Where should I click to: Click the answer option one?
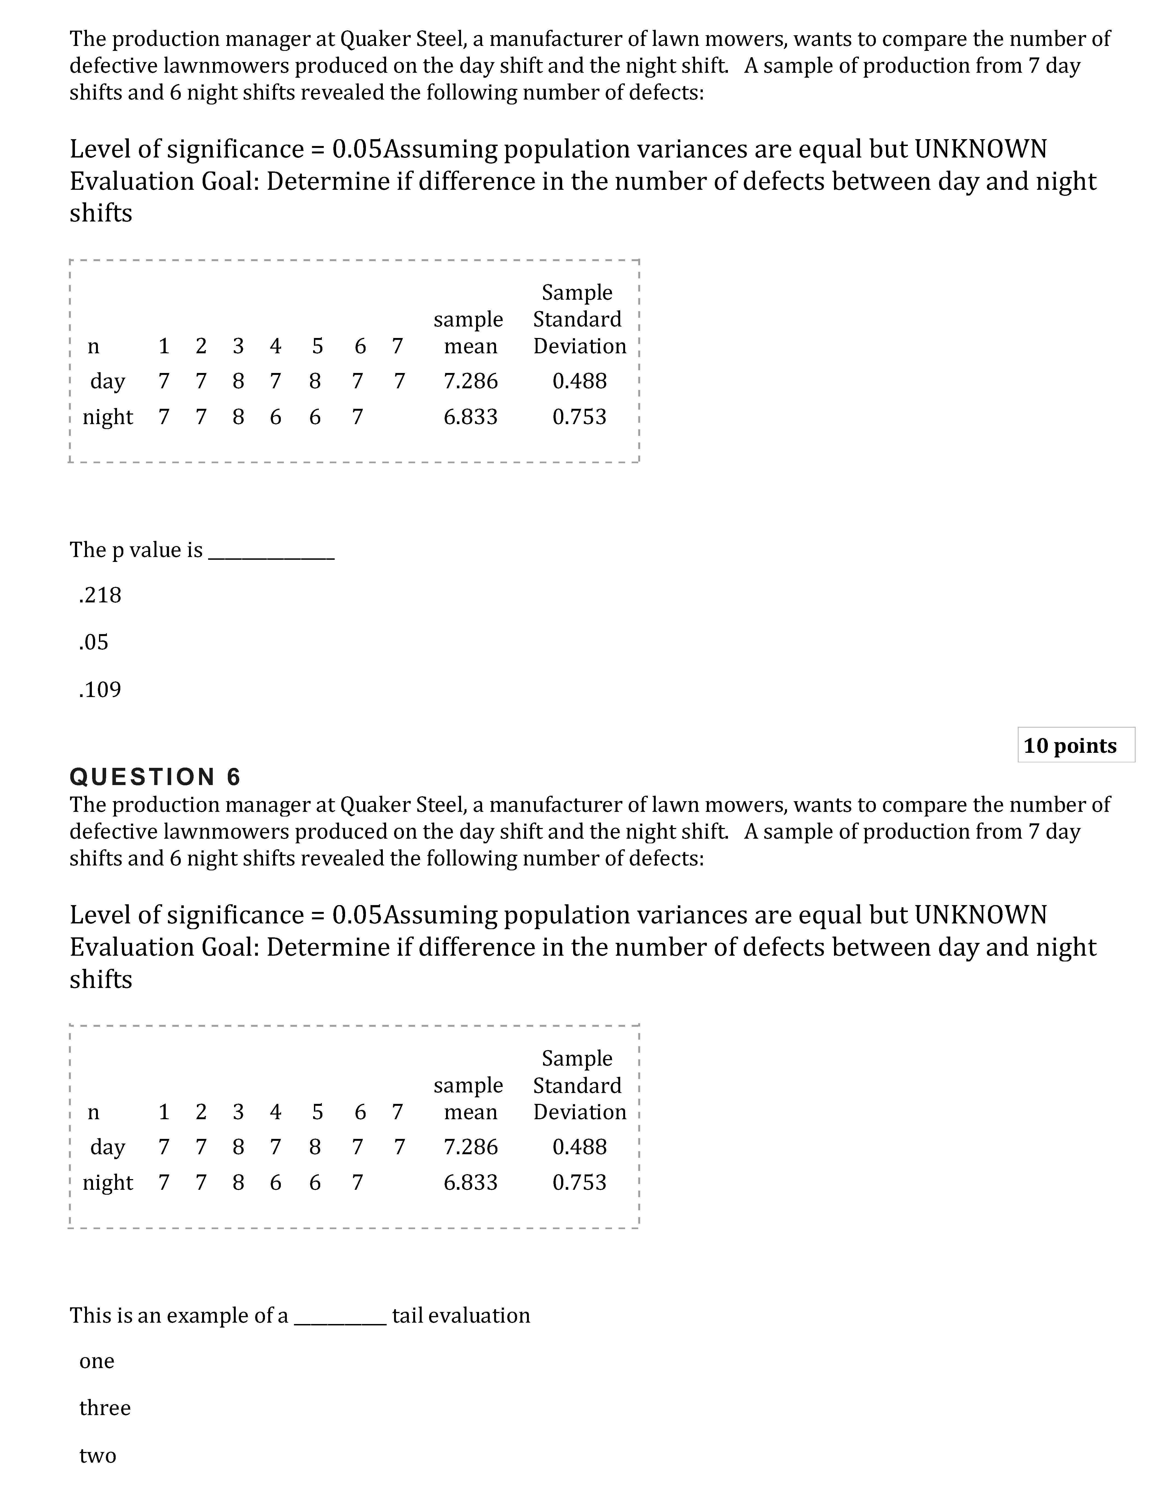[x=97, y=1361]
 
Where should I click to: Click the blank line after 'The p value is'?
[x=271, y=552]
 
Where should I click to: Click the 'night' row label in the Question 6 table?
[x=108, y=1183]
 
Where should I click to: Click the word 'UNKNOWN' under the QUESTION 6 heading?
[x=981, y=915]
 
